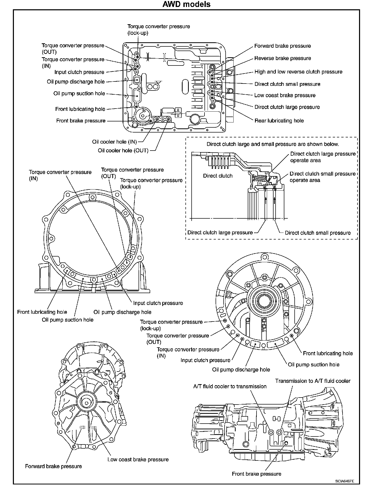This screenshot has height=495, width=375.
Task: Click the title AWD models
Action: pyautogui.click(x=186, y=4)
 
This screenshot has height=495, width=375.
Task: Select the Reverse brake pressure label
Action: pyautogui.click(x=283, y=58)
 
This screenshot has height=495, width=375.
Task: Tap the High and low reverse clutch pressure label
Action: pyautogui.click(x=298, y=72)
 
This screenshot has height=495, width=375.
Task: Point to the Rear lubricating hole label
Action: pyautogui.click(x=279, y=121)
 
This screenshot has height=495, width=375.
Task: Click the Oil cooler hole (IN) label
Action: pyautogui.click(x=114, y=142)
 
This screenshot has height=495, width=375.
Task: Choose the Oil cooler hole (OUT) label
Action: pyautogui.click(x=123, y=151)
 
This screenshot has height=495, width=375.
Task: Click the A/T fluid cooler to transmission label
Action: pyautogui.click(x=230, y=386)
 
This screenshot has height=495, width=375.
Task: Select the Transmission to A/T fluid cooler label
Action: pyautogui.click(x=313, y=381)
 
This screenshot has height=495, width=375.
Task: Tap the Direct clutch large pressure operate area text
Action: pyautogui.click(x=323, y=157)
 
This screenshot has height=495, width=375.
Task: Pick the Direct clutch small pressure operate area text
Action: pyautogui.click(x=322, y=177)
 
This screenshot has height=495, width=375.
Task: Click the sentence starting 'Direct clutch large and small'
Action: pyautogui.click(x=273, y=144)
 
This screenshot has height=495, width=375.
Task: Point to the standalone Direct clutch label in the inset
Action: pyautogui.click(x=218, y=176)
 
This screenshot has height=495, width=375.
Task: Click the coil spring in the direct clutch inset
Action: pyautogui.click(x=260, y=178)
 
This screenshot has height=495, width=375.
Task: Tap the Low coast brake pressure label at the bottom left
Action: pyautogui.click(x=138, y=459)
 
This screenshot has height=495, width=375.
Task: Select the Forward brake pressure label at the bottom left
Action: pyautogui.click(x=53, y=466)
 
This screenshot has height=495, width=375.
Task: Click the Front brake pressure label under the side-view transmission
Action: pyautogui.click(x=257, y=474)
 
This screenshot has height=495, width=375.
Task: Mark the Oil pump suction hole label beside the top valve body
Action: pyautogui.click(x=79, y=93)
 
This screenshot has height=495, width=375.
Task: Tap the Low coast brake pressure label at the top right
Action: pyautogui.click(x=285, y=95)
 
